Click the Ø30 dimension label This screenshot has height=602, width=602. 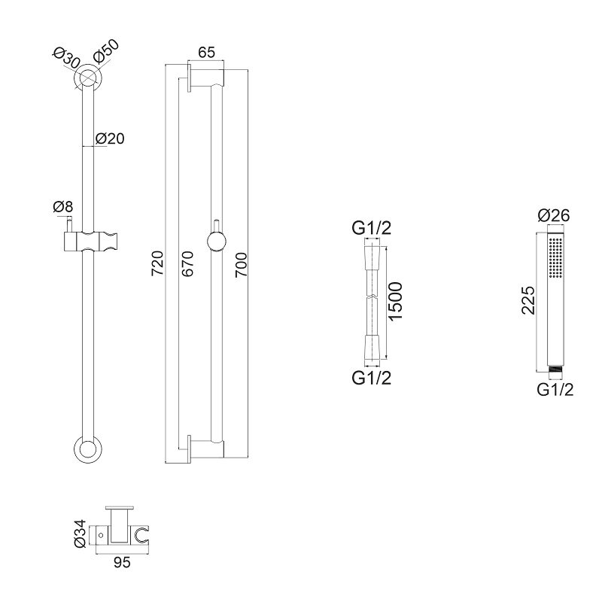(65, 58)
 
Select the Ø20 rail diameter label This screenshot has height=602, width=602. (110, 138)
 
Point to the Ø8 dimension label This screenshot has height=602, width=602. (62, 207)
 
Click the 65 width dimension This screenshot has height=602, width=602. (206, 52)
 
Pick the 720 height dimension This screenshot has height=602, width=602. (157, 263)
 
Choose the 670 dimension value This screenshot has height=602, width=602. (187, 264)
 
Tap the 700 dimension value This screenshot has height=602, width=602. (242, 265)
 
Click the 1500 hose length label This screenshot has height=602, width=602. (396, 302)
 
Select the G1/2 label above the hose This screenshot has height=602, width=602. (371, 229)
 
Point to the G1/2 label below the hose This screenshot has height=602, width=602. (371, 379)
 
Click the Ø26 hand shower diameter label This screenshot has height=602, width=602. (554, 215)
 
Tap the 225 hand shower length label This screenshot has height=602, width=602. (528, 300)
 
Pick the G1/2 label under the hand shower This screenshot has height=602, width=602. (555, 390)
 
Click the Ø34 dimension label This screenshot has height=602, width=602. (80, 534)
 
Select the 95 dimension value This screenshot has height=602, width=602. (122, 563)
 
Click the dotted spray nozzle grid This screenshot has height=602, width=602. (555, 257)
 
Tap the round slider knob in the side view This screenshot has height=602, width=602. (217, 242)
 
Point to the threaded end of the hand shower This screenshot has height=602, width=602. (555, 369)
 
